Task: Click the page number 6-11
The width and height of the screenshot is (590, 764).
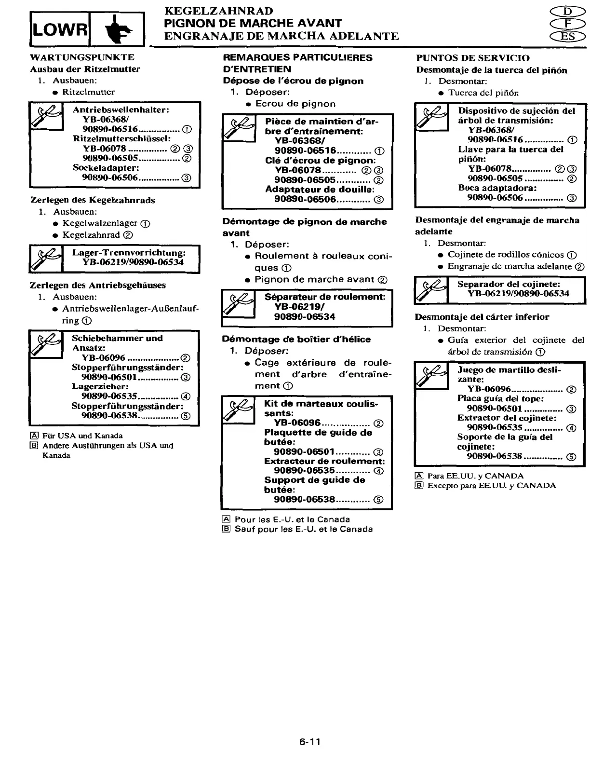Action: pyautogui.click(x=309, y=742)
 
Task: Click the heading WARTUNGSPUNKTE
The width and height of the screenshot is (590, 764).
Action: pyautogui.click(x=82, y=57)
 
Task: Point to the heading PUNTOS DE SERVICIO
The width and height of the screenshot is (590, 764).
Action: pyautogui.click(x=473, y=58)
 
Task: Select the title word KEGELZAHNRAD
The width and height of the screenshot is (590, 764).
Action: pyautogui.click(x=219, y=11)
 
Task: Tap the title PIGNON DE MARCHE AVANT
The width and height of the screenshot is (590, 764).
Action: pyautogui.click(x=253, y=23)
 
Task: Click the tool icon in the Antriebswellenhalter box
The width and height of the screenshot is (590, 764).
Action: pyautogui.click(x=47, y=116)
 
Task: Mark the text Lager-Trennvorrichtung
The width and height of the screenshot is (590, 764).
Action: pyautogui.click(x=129, y=253)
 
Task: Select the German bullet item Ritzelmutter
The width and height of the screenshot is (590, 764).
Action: pyautogui.click(x=89, y=92)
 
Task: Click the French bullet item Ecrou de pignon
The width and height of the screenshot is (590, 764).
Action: pyautogui.click(x=295, y=104)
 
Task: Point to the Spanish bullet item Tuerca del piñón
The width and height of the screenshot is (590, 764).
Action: pyautogui.click(x=483, y=93)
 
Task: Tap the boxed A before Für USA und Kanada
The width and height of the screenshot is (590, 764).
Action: pyautogui.click(x=34, y=436)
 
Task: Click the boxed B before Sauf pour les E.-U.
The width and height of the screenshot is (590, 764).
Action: pyautogui.click(x=226, y=529)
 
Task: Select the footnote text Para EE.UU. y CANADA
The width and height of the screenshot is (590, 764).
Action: pyautogui.click(x=475, y=476)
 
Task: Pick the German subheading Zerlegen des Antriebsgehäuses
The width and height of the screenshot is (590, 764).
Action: pyautogui.click(x=98, y=285)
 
